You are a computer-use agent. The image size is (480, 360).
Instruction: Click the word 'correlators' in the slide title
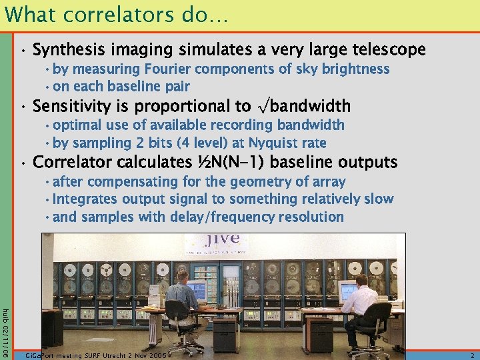(103, 15)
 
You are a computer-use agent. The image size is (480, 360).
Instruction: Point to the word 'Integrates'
(85, 199)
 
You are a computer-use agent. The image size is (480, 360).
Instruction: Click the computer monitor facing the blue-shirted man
(197, 290)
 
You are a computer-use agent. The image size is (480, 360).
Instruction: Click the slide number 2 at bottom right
(472, 356)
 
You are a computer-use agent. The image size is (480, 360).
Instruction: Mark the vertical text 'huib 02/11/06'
(5, 327)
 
